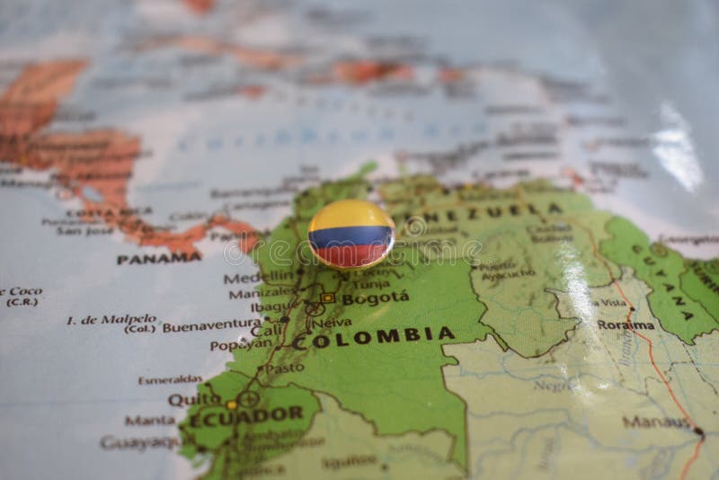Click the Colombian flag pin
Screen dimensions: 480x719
pyautogui.click(x=351, y=234)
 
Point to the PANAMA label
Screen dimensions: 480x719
pyautogui.click(x=158, y=257)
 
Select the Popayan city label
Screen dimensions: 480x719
pyautogui.click(x=239, y=344)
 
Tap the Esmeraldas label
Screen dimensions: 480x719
pyautogui.click(x=170, y=379)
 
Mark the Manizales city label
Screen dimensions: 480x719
pyautogui.click(x=260, y=293)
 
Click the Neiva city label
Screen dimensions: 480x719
pyautogui.click(x=335, y=322)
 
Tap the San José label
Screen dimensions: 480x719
pyautogui.click(x=78, y=230)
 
